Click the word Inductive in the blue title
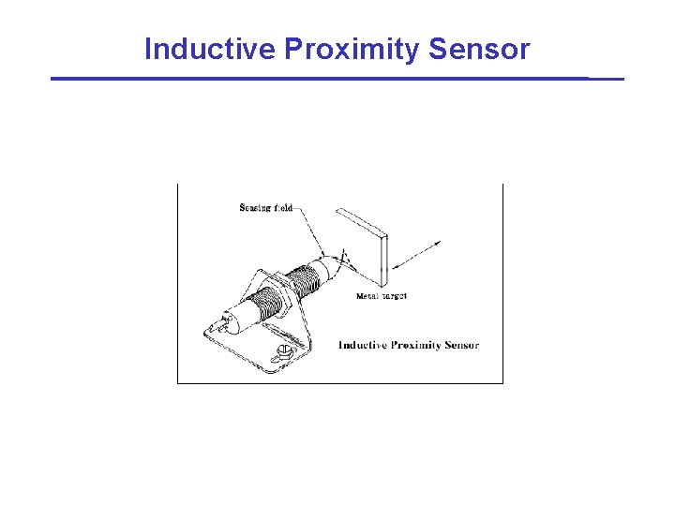pyautogui.click(x=210, y=48)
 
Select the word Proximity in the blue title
pyautogui.click(x=352, y=50)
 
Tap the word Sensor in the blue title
pyautogui.click(x=479, y=49)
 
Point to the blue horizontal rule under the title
pyautogui.click(x=337, y=79)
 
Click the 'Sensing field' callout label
pyautogui.click(x=265, y=208)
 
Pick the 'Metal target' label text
pyautogui.click(x=382, y=296)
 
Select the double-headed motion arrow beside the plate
pyautogui.click(x=416, y=255)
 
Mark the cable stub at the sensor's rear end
pyautogui.click(x=223, y=322)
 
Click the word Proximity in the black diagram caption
pyautogui.click(x=416, y=346)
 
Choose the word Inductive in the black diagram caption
pyautogui.click(x=363, y=345)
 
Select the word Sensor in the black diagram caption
pyautogui.click(x=462, y=345)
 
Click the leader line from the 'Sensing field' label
pyautogui.click(x=309, y=231)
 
